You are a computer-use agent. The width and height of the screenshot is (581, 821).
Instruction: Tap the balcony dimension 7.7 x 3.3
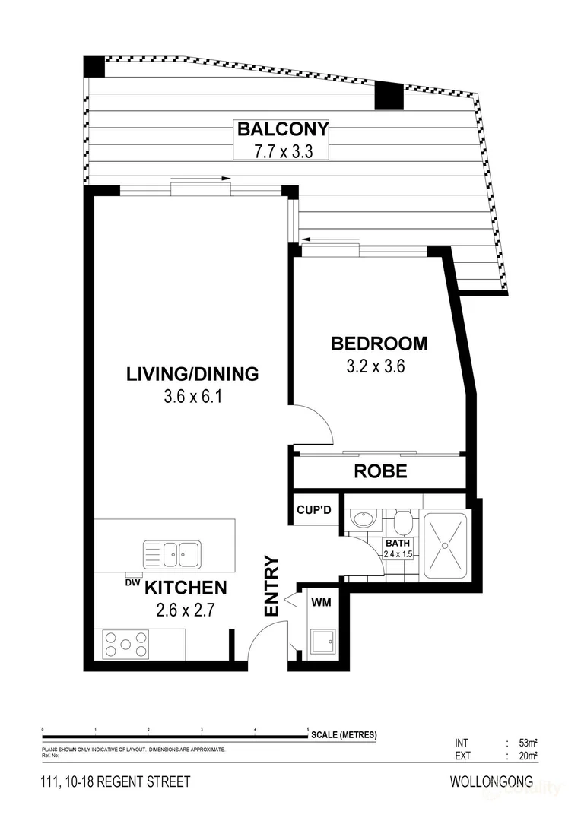(x=281, y=151)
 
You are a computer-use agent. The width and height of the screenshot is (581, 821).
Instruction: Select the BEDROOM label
(x=379, y=344)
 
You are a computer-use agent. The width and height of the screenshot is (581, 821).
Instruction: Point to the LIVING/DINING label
(x=192, y=374)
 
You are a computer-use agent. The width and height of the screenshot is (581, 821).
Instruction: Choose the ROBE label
(x=380, y=471)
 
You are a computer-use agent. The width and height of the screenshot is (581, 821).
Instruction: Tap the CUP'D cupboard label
(x=313, y=509)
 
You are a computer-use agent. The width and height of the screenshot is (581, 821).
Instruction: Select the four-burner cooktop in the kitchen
(x=126, y=644)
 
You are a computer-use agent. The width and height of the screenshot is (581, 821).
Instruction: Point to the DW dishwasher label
(x=132, y=582)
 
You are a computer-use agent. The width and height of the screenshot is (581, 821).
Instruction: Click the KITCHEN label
(x=186, y=588)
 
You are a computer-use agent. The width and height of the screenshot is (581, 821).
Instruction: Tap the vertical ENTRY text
(x=272, y=586)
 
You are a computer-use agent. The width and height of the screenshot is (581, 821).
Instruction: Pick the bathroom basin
(x=362, y=519)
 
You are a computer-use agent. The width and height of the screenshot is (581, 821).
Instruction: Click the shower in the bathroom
(x=447, y=541)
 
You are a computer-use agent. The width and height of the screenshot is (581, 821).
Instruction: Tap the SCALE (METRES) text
(x=344, y=735)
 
